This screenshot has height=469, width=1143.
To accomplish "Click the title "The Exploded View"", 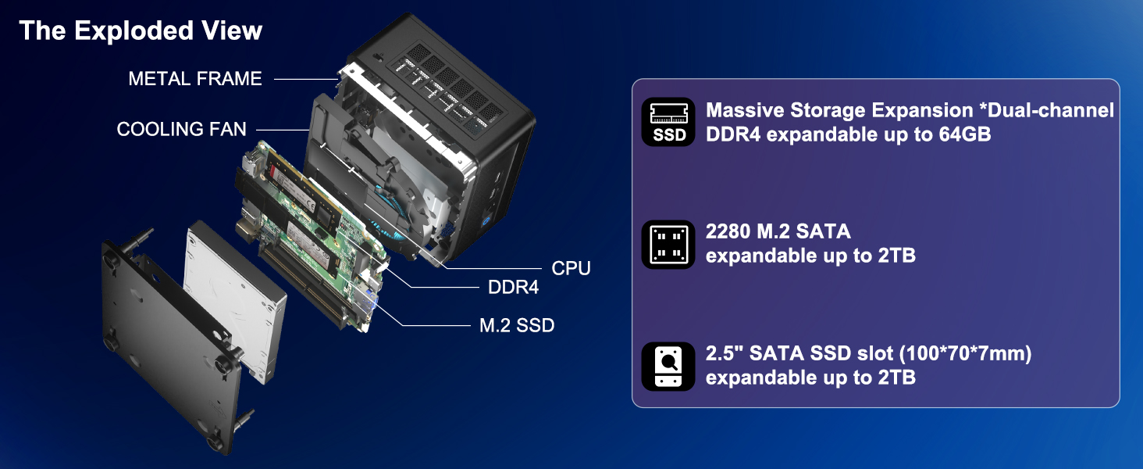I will coord(141,31).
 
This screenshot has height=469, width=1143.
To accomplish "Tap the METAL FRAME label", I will coord(195,79).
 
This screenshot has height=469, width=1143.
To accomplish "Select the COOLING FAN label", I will coord(181,129).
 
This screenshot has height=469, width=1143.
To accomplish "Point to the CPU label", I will coord(571,268).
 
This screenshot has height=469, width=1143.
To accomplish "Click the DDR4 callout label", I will coord(513,288).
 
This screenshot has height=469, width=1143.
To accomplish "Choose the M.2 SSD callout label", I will coord(516,325).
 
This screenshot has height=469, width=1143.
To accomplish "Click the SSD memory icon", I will coord(668,122).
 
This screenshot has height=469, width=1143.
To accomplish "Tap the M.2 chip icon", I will coord(668,244).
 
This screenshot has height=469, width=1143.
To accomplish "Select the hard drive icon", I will coord(668,366).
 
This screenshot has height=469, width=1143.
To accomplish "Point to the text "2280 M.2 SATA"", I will coord(778,231).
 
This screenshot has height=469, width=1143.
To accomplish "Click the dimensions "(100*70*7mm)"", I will coord(966,354).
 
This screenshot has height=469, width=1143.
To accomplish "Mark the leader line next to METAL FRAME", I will coord(304,79).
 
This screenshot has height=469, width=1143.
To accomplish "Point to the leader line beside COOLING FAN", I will coord(283,129).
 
